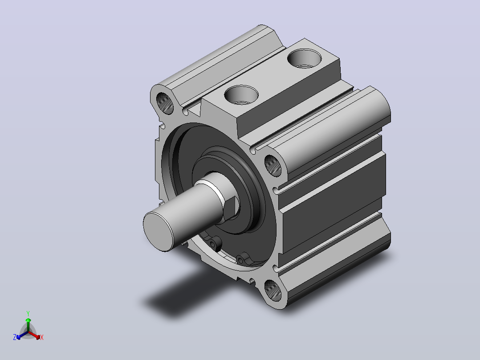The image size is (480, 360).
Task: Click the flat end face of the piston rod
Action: [x=158, y=231]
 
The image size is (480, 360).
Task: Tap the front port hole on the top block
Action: [x=241, y=94]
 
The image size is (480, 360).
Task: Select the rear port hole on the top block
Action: [x=304, y=58]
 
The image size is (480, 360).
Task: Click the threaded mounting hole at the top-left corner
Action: [x=165, y=103]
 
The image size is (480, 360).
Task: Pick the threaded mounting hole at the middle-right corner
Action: [x=273, y=166]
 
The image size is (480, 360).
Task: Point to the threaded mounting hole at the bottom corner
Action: [x=273, y=290]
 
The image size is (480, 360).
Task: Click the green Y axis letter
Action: [x=28, y=313]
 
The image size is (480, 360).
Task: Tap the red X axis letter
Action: [x=42, y=337]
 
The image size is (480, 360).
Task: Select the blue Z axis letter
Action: [x=15, y=337]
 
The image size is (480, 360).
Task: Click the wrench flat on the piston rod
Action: [x=232, y=208]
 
